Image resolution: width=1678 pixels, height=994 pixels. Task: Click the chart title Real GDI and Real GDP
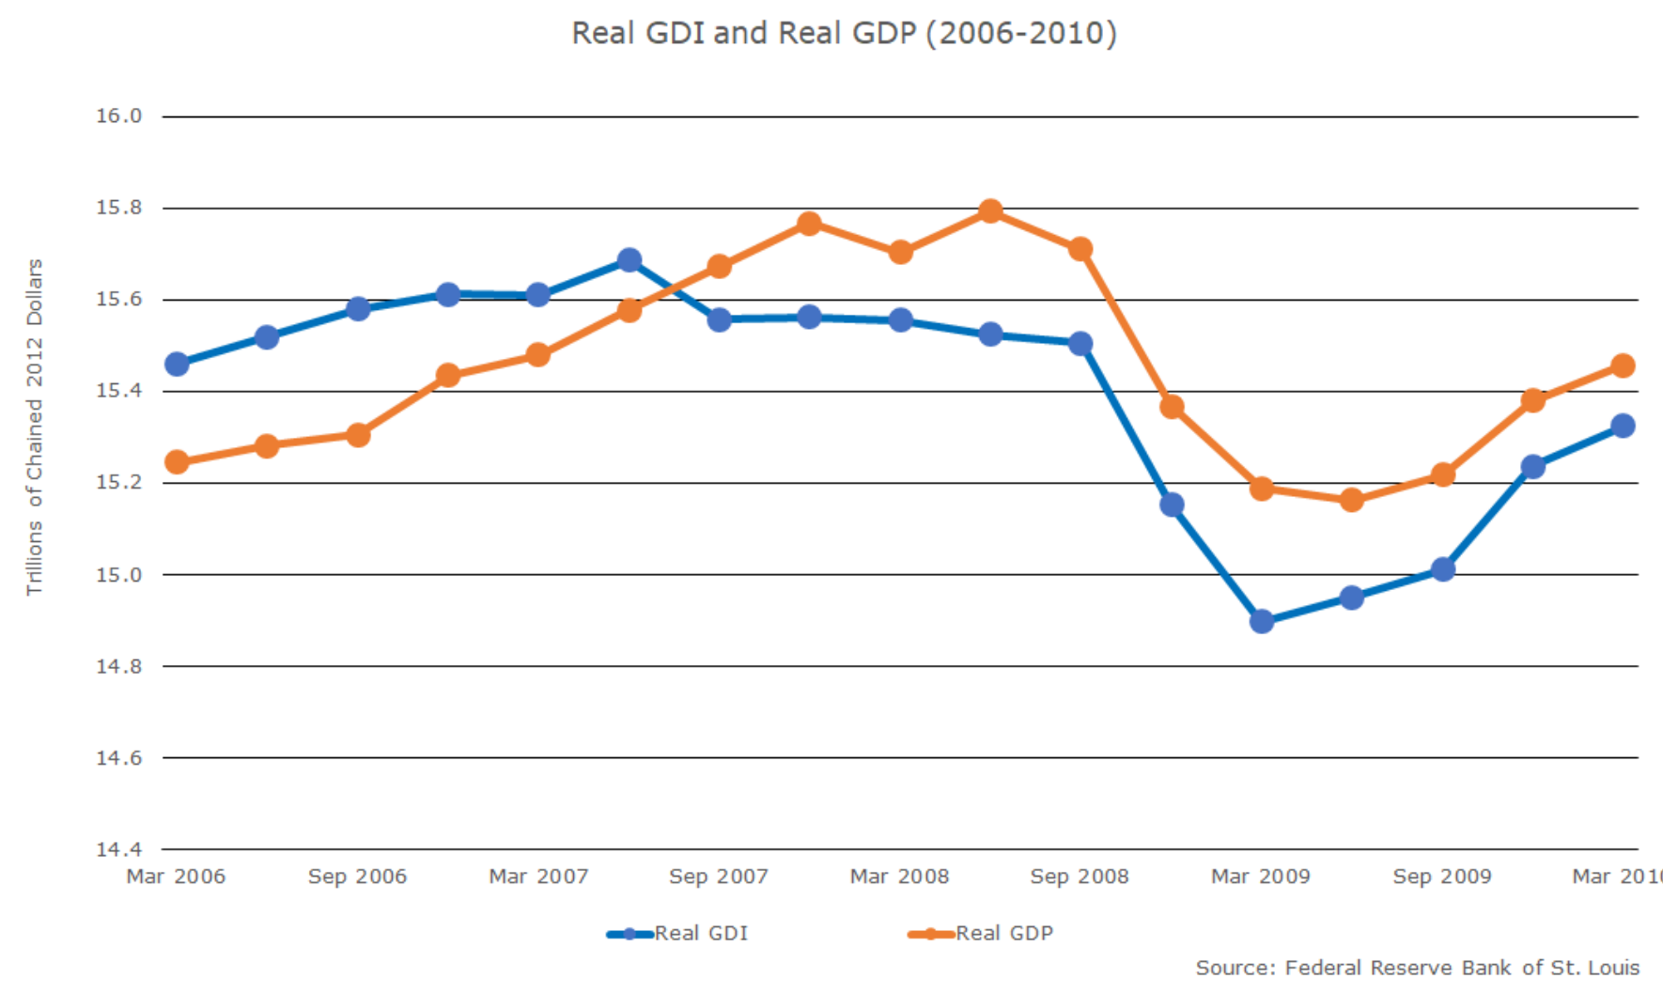point(844,34)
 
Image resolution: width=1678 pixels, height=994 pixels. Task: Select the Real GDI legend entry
point(701,933)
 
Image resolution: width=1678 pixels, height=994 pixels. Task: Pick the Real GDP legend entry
point(1003,933)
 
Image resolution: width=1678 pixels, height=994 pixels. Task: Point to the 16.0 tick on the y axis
point(118,116)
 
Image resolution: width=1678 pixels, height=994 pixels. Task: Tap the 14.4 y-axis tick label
point(118,849)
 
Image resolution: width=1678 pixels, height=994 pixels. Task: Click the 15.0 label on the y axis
point(118,575)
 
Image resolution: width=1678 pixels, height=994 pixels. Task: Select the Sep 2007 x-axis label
point(718,877)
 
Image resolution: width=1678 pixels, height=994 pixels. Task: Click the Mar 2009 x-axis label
point(1260,877)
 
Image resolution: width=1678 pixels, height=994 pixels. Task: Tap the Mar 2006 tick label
point(176,877)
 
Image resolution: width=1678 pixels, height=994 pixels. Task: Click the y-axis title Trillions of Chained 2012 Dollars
point(35,427)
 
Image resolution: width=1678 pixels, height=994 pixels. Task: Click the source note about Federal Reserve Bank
point(1417,968)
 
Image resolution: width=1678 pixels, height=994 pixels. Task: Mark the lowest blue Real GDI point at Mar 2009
point(1262,621)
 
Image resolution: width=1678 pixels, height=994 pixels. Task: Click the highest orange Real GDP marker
point(990,210)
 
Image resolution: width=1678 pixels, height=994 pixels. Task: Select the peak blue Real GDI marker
point(629,259)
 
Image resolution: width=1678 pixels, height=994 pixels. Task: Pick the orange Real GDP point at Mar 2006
point(177,462)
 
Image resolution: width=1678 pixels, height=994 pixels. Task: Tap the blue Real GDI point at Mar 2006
point(177,364)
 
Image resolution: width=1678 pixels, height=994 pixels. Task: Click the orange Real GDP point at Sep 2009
point(1443,474)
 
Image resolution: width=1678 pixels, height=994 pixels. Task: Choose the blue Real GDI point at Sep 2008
point(1080,343)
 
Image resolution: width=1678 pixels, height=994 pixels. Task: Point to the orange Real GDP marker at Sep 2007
point(719,266)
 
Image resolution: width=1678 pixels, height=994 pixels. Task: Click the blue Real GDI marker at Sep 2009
point(1443,569)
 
